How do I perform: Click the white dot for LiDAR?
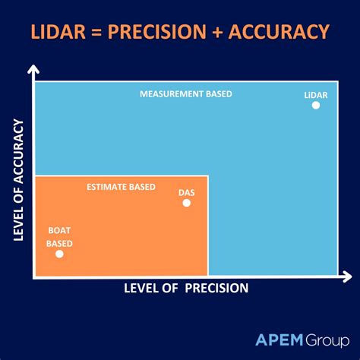(x=316, y=106)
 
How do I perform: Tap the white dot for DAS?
(x=187, y=203)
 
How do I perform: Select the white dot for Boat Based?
(x=59, y=254)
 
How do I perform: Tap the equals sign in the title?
(x=93, y=32)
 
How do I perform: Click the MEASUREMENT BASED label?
(x=186, y=94)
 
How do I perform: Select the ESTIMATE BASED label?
(x=122, y=187)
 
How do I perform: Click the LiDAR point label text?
(x=316, y=94)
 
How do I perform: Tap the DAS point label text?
(x=186, y=192)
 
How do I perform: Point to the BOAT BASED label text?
(x=59, y=236)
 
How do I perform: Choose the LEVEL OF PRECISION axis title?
(x=185, y=288)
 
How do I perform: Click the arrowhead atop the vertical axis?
(x=33, y=71)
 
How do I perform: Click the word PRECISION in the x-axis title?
(x=216, y=288)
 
